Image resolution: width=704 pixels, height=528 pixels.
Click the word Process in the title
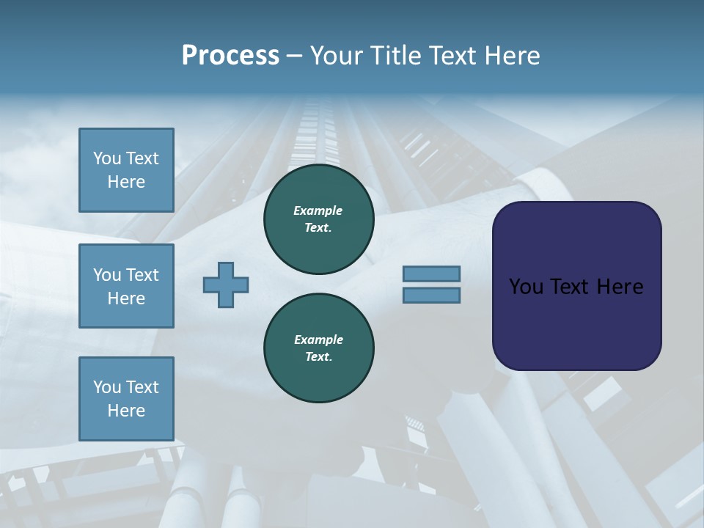(230, 56)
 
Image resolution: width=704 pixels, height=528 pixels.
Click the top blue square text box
(126, 170)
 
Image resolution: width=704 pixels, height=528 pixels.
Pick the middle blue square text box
(126, 286)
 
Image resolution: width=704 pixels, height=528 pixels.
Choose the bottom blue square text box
(126, 399)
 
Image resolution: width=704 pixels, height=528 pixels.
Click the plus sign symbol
(226, 285)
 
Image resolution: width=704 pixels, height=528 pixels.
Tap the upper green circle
(318, 219)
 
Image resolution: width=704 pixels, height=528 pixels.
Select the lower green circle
(318, 348)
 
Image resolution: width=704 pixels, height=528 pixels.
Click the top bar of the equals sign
(431, 274)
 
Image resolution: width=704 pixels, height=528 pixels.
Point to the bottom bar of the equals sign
(431, 296)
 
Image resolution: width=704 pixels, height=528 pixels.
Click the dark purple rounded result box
(576, 286)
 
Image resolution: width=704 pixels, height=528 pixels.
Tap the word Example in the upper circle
(318, 210)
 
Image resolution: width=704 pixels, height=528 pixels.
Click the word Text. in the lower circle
(318, 357)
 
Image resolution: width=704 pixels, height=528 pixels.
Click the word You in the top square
(106, 158)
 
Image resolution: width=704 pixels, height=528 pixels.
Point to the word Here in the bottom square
(126, 411)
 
